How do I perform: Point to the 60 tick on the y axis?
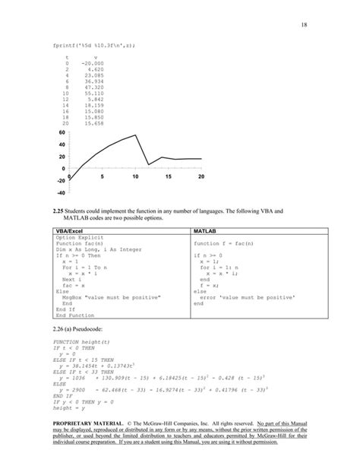coord(61,132)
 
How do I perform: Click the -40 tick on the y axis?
coord(59,192)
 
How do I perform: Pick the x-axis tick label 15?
coord(169,176)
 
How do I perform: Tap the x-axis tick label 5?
coord(102,176)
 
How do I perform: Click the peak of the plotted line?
coord(136,135)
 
